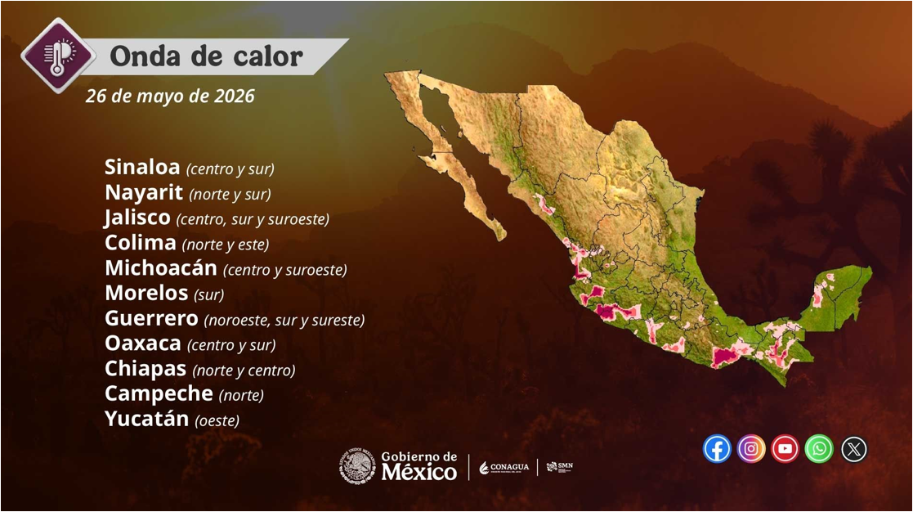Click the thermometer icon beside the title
click(58, 56)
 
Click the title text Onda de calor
click(207, 56)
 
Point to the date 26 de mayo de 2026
click(170, 96)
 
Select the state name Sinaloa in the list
click(142, 167)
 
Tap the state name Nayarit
click(144, 192)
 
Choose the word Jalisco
click(137, 218)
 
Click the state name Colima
click(141, 242)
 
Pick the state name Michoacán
click(161, 267)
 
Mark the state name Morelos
click(147, 293)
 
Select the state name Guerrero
click(151, 318)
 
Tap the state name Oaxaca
click(143, 343)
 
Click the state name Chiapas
click(145, 368)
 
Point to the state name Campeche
click(159, 393)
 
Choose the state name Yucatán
click(147, 418)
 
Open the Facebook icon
click(717, 449)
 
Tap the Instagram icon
click(751, 449)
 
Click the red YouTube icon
click(785, 449)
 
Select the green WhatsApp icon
click(819, 449)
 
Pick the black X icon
click(853, 449)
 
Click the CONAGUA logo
click(504, 467)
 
